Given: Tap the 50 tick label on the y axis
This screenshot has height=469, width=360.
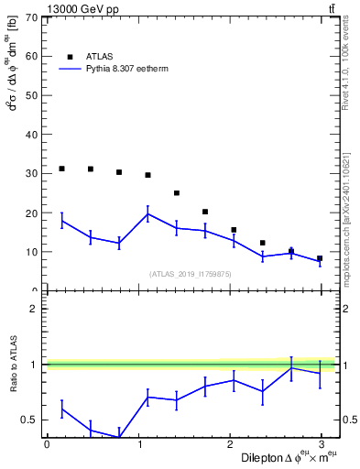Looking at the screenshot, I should click(x=32, y=95).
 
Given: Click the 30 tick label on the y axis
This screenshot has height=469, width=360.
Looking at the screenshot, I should click(x=32, y=174).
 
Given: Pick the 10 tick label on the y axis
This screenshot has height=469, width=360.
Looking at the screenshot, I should click(x=32, y=252).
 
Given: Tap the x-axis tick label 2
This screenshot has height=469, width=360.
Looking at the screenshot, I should click(x=229, y=444).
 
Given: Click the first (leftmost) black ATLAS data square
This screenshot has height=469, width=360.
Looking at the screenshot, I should click(x=61, y=169).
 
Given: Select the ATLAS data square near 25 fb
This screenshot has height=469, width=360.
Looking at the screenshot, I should click(x=177, y=193).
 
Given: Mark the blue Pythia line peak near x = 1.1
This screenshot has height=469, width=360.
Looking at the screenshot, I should click(x=147, y=214).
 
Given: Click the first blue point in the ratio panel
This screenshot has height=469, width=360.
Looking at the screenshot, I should click(x=61, y=409).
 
